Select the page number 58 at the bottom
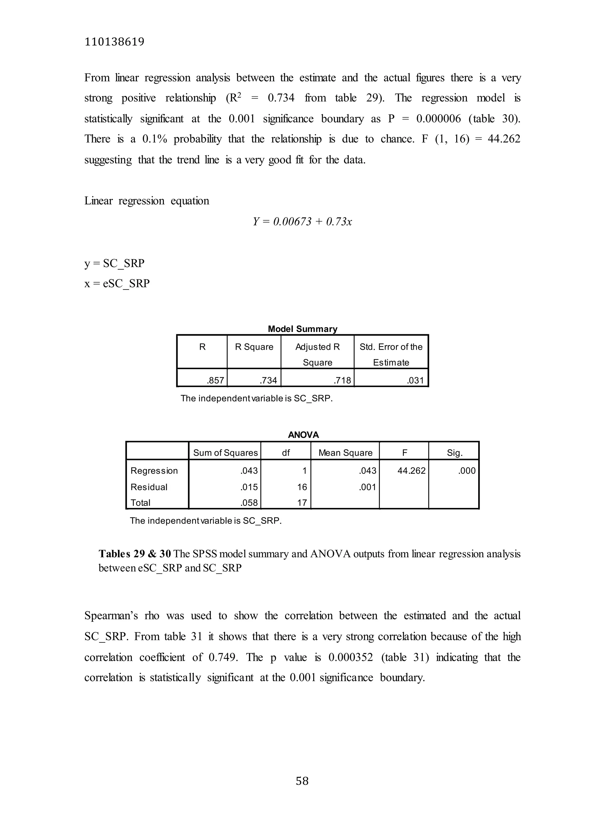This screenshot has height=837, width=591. [302, 781]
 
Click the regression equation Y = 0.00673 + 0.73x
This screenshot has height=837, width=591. [302, 222]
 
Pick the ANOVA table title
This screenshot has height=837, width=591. [303, 435]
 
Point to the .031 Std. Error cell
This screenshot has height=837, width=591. [415, 381]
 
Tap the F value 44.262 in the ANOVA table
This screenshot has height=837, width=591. [411, 471]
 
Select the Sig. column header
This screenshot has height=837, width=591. [454, 453]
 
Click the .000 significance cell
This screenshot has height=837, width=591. [467, 471]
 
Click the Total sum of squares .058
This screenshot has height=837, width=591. [249, 503]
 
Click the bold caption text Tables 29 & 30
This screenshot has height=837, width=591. [134, 554]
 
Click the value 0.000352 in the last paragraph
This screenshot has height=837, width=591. [350, 657]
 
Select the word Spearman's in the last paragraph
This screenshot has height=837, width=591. [111, 616]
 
